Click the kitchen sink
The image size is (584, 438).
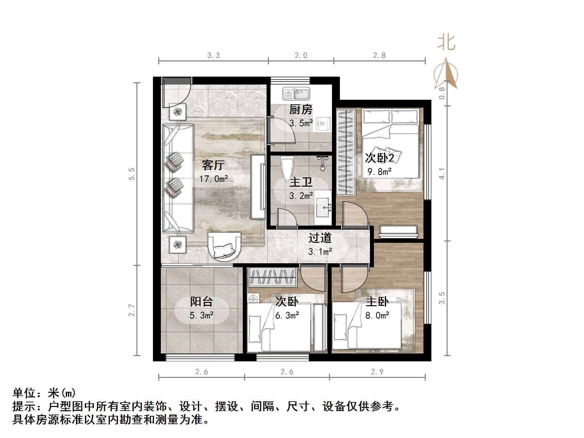coord(296,93)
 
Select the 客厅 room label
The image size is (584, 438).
coord(213,165)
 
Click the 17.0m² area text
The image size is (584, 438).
coord(213,179)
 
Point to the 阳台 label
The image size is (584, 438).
coord(201,301)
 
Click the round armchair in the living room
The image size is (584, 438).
coord(224,246)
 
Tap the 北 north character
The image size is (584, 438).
coord(446,43)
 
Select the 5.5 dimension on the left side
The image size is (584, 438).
coord(132,174)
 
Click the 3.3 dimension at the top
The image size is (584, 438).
coord(213,55)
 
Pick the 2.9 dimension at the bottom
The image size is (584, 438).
coord(377,372)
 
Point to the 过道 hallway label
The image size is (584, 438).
coord(320,238)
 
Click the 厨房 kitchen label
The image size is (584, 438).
coord(301,109)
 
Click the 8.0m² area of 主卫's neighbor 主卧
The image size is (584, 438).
coord(377,315)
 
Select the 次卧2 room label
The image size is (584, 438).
coord(379,158)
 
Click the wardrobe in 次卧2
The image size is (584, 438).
coord(346,152)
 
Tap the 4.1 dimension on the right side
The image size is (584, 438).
coord(442,174)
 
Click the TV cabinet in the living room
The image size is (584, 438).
coord(258,187)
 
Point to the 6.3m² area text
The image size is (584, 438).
coord(287,315)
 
